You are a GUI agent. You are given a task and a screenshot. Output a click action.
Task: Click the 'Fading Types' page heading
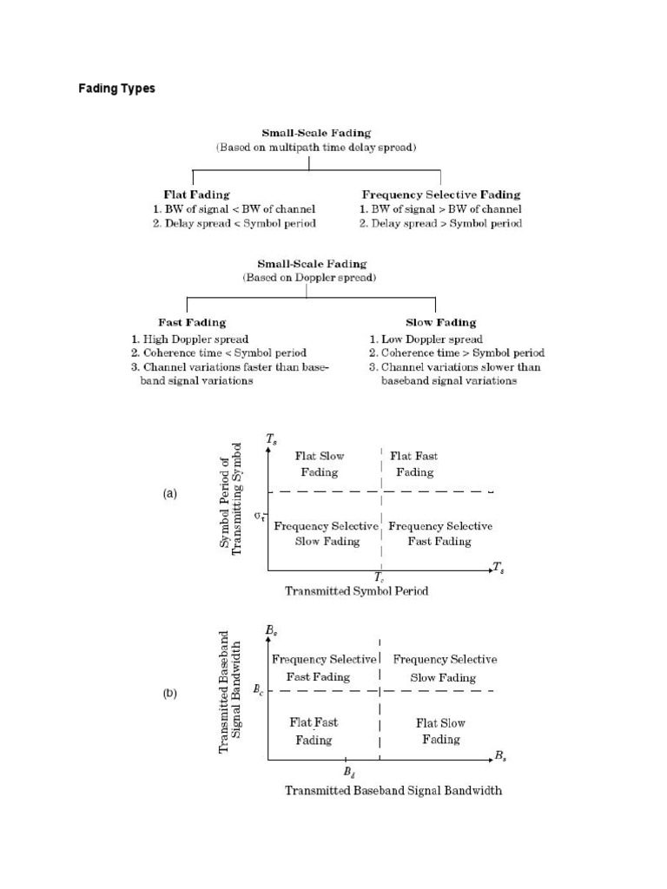[x=116, y=89]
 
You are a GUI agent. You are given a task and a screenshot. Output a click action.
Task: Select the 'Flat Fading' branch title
[x=196, y=194]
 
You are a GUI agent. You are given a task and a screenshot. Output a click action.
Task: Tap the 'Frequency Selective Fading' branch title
[x=440, y=194]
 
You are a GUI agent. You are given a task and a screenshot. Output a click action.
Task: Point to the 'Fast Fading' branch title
[x=192, y=322]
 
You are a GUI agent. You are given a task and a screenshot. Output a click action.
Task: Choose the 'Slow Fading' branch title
[x=435, y=322]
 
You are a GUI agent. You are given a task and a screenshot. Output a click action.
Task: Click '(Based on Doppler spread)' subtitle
[x=311, y=277]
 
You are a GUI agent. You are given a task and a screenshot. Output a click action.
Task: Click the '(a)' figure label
[x=169, y=493]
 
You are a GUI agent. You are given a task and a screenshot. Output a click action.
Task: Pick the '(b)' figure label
[x=169, y=692]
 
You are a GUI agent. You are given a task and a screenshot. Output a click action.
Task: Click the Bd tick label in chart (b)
[x=347, y=771]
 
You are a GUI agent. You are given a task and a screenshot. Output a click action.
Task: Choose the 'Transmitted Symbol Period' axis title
[x=357, y=591]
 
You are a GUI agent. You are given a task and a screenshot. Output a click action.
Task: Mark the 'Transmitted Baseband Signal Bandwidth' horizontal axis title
[x=393, y=791]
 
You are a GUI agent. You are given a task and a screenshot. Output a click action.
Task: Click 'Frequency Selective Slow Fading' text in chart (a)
[x=325, y=534]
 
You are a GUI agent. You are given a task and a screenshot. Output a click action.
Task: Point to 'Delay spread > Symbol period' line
[x=440, y=224]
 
